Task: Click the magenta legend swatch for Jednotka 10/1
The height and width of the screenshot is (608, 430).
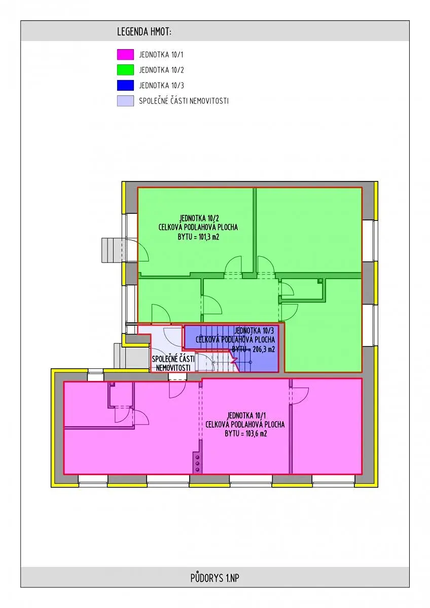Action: [125, 54]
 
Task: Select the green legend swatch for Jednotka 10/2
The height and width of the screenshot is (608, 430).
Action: [125, 70]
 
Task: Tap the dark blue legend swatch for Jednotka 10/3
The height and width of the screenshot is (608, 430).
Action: [125, 85]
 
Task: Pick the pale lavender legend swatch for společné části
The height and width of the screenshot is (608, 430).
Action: [125, 101]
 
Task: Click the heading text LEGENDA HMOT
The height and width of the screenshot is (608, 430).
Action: [144, 32]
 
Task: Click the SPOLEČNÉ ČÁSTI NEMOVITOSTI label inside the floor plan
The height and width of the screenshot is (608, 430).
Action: [173, 363]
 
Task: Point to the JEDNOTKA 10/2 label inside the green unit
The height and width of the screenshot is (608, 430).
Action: [199, 218]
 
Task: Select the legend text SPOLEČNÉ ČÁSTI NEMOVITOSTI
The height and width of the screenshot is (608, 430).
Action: [184, 101]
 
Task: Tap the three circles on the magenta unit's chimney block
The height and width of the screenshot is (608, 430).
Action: [197, 463]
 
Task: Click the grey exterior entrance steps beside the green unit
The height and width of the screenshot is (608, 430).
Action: [112, 250]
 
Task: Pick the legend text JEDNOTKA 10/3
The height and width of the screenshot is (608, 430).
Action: [161, 86]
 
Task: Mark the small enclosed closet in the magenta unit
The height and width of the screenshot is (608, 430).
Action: [121, 394]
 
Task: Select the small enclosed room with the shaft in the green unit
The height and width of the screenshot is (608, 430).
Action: [302, 288]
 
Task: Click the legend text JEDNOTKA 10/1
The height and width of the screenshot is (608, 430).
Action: [161, 55]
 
